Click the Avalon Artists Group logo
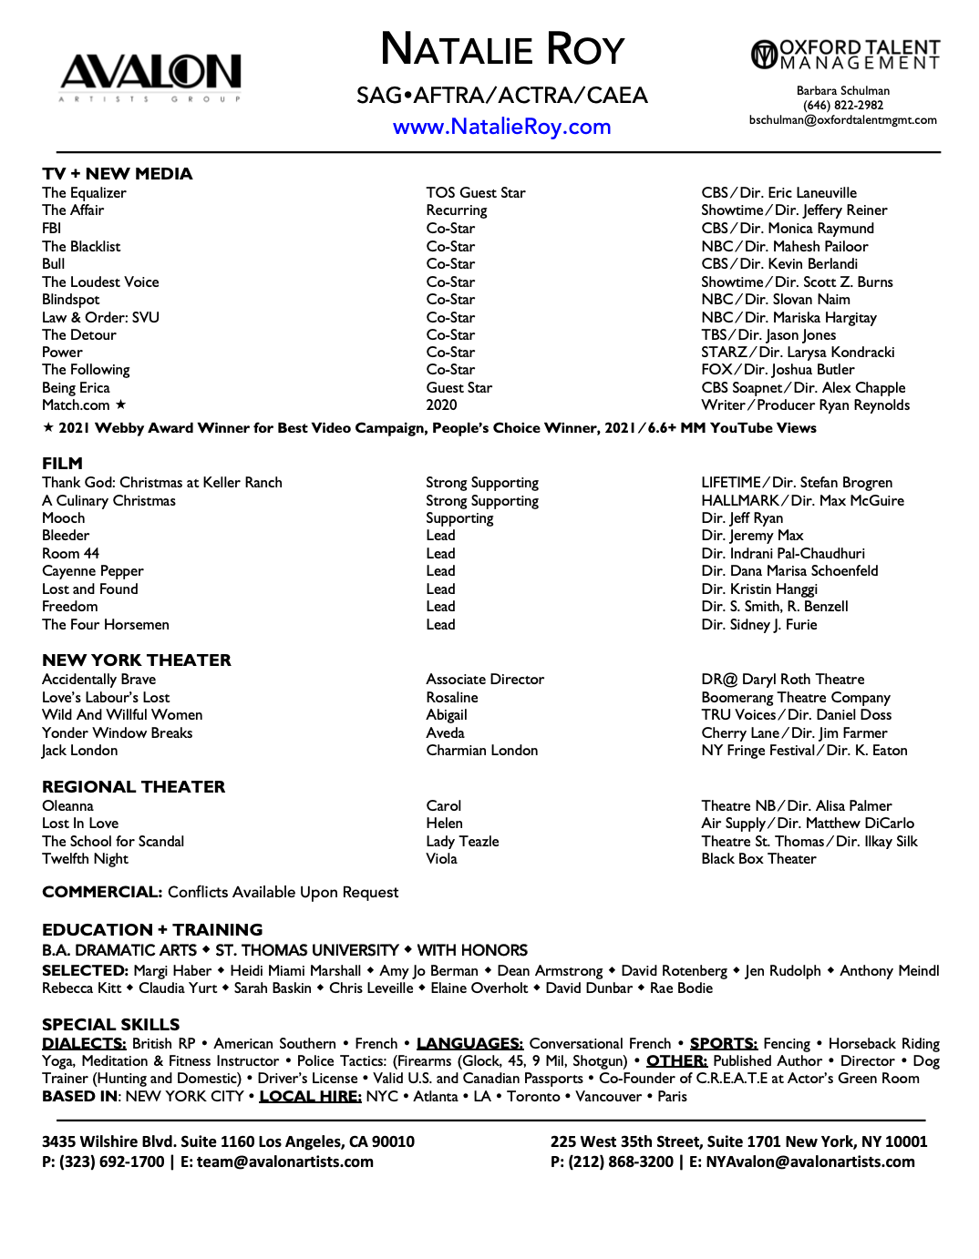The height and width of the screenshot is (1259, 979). [150, 77]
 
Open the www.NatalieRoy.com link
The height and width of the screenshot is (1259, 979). [501, 127]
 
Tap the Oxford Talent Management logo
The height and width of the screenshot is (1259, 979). [844, 55]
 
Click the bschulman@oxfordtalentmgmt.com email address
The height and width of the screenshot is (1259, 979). [842, 120]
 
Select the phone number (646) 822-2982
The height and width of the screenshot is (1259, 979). [842, 106]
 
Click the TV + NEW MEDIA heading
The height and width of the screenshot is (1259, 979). [117, 174]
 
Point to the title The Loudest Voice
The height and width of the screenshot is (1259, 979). [100, 282]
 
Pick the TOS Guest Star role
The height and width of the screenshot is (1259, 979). [475, 193]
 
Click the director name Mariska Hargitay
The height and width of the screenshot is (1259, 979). [824, 318]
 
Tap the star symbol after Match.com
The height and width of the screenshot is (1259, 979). [120, 404]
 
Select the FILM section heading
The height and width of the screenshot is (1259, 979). [62, 464]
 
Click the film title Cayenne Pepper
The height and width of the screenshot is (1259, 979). [92, 571]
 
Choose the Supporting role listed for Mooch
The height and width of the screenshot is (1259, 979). [459, 518]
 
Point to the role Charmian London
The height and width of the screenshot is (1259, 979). [481, 751]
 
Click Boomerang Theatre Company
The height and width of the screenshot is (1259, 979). [795, 698]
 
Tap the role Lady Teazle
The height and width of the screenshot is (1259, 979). [462, 842]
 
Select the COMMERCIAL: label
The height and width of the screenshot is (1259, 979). [102, 893]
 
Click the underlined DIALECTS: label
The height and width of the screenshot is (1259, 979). [84, 1044]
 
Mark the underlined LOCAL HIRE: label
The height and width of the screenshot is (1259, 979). [310, 1097]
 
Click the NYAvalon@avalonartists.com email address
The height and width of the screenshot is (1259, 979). [809, 1162]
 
